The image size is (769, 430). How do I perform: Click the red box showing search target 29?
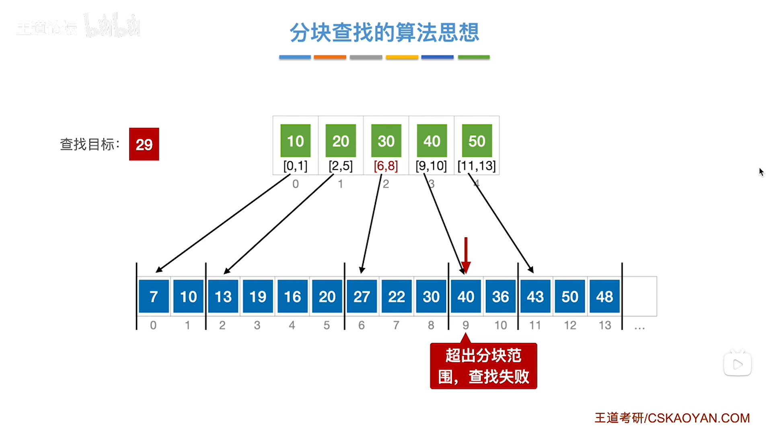(144, 144)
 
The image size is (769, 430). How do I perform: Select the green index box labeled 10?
(295, 141)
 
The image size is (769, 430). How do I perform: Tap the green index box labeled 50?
(477, 141)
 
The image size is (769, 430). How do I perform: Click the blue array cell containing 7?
(154, 297)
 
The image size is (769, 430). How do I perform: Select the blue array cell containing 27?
(362, 297)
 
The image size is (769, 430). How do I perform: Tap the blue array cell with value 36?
(500, 297)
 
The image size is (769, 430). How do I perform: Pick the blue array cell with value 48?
(605, 297)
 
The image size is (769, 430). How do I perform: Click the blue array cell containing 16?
(292, 297)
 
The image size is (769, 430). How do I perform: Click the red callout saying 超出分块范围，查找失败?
(483, 366)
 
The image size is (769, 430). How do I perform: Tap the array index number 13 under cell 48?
(605, 325)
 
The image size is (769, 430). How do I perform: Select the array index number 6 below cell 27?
(362, 325)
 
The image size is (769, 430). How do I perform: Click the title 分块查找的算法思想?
(384, 32)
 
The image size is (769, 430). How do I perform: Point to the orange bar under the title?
(330, 57)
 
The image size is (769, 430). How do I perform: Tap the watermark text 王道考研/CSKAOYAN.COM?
(672, 418)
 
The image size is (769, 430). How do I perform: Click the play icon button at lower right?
(737, 364)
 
